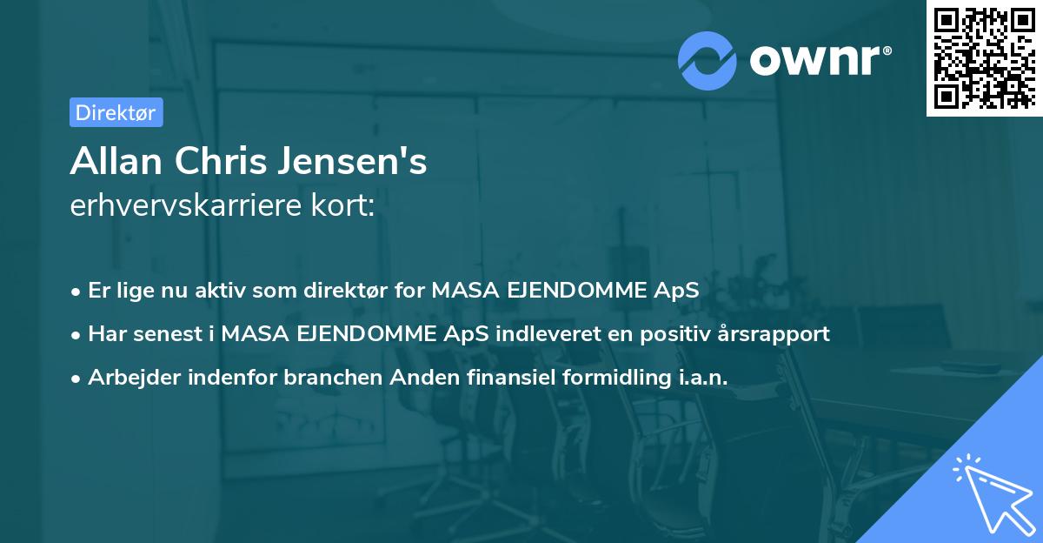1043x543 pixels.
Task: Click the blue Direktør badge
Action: pos(116,112)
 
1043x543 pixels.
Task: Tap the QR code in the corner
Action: pos(982,57)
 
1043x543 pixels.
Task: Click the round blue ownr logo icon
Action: pos(708,60)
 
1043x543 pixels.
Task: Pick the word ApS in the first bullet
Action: pos(677,291)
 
